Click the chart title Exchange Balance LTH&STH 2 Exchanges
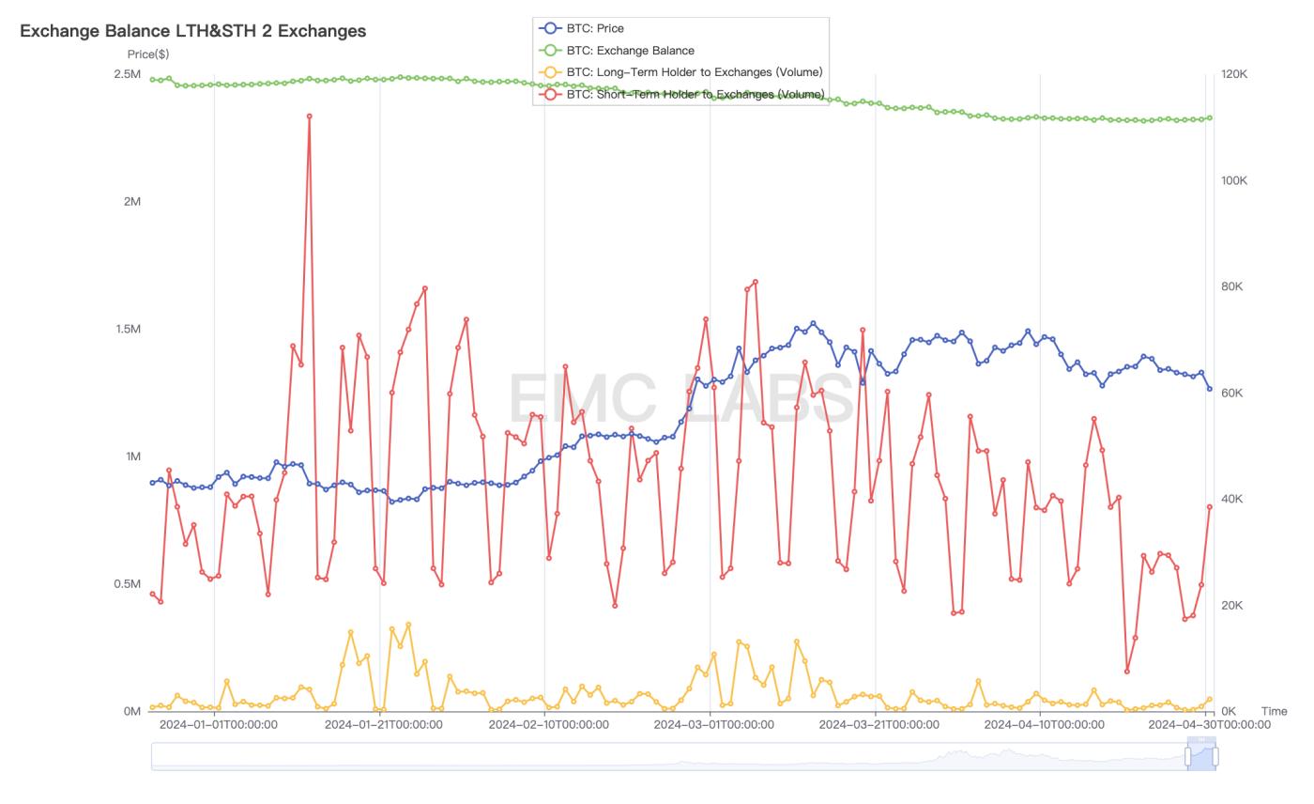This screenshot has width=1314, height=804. (192, 31)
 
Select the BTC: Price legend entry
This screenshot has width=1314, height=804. (595, 28)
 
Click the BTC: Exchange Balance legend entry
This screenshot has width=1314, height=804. (630, 50)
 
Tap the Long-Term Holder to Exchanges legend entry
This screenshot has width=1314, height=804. (694, 72)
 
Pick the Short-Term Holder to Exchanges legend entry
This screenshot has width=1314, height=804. (695, 94)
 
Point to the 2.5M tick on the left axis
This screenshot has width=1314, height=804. (128, 74)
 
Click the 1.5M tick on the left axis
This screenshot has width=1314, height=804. (128, 329)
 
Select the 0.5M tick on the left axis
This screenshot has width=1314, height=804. (128, 583)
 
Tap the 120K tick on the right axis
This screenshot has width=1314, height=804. (1234, 74)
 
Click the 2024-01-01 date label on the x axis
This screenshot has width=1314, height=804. (218, 724)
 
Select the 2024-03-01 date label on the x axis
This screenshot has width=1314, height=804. (713, 724)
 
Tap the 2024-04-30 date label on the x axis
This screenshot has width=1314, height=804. (1209, 724)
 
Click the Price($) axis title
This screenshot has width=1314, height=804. (148, 54)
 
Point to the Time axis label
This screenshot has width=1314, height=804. (1274, 711)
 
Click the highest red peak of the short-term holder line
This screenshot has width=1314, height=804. (309, 116)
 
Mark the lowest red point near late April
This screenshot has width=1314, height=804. (1127, 671)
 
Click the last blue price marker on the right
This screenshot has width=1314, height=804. (1209, 389)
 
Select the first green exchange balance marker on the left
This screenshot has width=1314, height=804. (153, 80)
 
